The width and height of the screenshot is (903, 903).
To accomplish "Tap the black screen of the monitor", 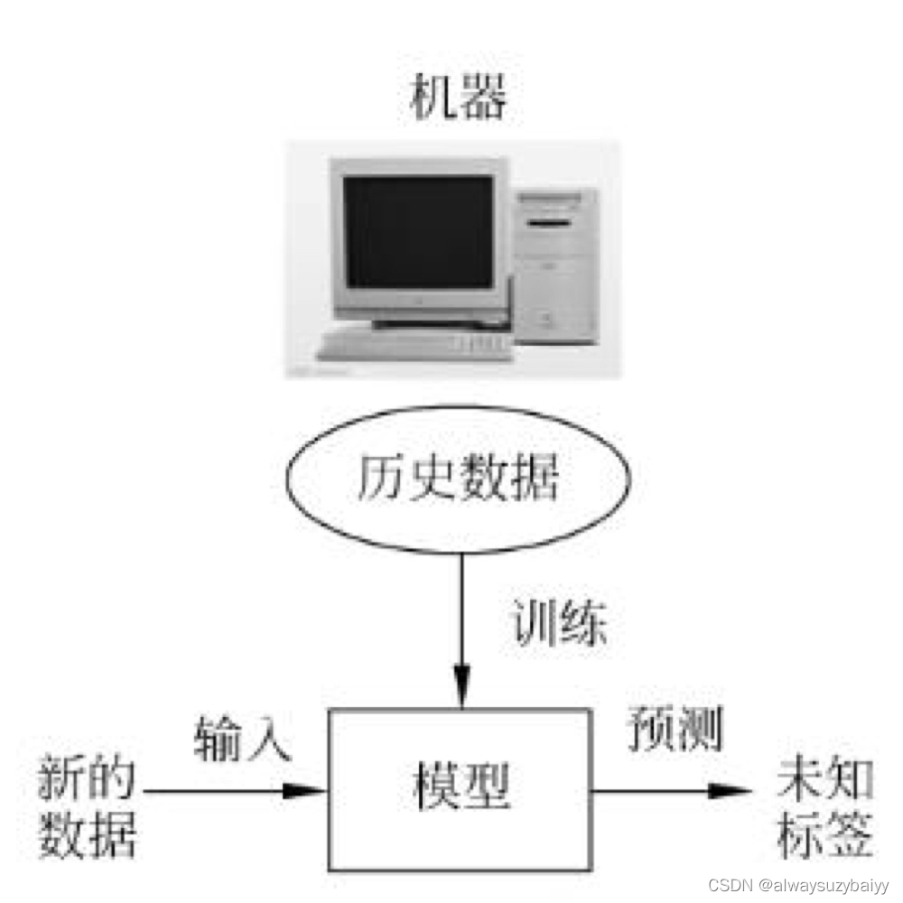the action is (x=420, y=232).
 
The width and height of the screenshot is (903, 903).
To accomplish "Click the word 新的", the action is (x=86, y=778).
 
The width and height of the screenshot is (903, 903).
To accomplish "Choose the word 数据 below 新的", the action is (x=86, y=835).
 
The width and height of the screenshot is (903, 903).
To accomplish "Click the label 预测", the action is (x=675, y=731).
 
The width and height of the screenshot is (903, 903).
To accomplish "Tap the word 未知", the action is (x=824, y=778).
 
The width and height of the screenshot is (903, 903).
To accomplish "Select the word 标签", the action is (x=824, y=835).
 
